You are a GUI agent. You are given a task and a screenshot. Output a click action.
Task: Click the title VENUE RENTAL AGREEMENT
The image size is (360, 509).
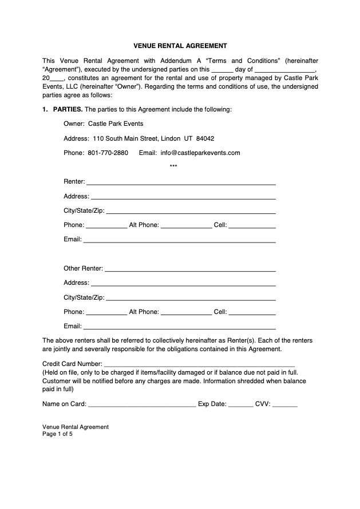coord(180,45)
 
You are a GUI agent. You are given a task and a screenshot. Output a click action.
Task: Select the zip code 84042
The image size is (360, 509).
coord(205,138)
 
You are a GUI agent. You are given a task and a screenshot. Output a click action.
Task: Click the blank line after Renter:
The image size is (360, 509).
coord(181,182)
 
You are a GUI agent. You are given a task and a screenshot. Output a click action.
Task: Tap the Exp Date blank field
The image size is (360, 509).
coord(240,404)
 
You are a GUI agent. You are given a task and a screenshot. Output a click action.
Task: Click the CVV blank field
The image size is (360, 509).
coord(284,404)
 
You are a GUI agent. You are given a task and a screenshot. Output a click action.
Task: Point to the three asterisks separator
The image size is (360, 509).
coord(173,167)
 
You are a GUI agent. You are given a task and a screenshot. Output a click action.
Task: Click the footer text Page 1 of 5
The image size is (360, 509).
coord(57,434)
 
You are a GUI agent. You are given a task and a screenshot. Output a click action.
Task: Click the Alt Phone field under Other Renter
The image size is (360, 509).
coord(186,312)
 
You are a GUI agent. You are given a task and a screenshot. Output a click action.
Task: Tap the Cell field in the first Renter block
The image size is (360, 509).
coord(252,225)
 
